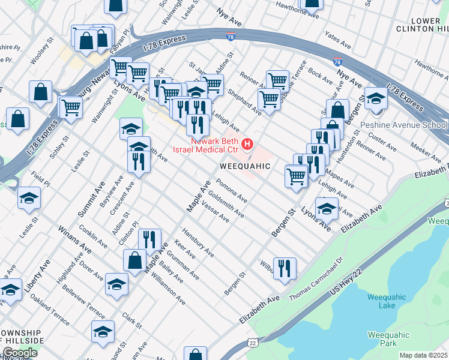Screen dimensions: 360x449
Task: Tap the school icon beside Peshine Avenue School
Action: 376,98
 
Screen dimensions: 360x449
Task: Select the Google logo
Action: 20,353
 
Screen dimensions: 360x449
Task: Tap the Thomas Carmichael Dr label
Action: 315,279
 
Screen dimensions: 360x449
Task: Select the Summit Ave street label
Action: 91,199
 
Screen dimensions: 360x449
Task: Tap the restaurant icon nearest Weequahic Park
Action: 285,267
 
